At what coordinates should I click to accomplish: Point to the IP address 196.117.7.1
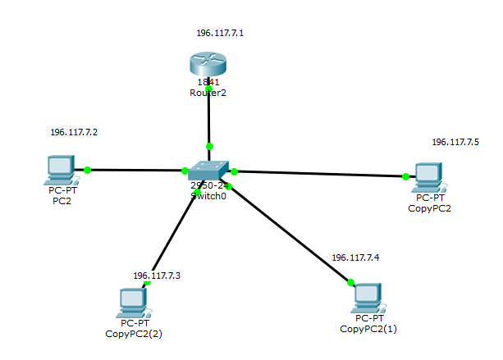coord(220,34)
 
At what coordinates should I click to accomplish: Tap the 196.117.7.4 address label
coord(355,257)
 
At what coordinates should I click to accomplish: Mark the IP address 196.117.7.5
coord(455,142)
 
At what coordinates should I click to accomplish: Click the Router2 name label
coord(208,93)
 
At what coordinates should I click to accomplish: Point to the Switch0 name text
coord(208,196)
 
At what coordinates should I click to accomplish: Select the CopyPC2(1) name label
coord(368,329)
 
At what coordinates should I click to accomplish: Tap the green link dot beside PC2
coord(87,171)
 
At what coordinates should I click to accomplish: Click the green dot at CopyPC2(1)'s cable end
coord(351,283)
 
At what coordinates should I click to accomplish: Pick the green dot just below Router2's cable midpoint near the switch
coord(209,146)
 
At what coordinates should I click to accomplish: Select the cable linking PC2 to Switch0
coord(135,171)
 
